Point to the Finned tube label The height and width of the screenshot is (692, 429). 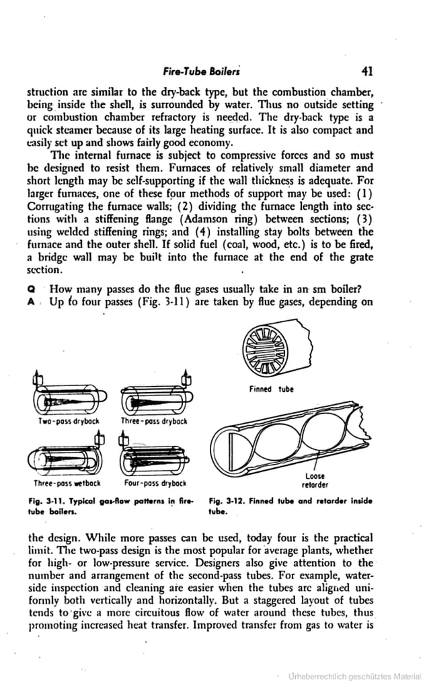tap(277, 389)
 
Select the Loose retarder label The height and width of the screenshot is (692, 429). tap(314, 479)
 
